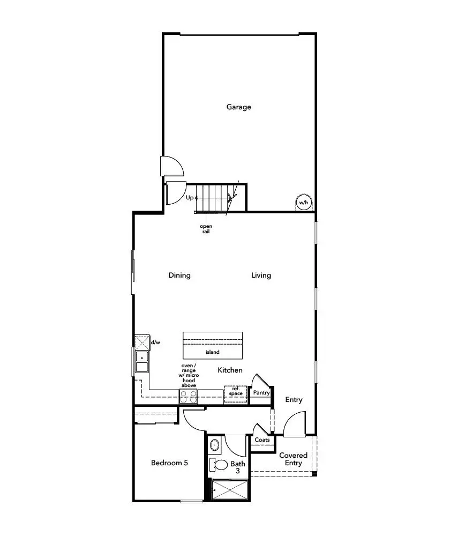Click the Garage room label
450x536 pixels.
tap(238, 107)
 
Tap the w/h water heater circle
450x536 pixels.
tap(304, 203)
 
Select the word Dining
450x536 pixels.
tap(179, 276)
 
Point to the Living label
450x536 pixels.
tap(261, 276)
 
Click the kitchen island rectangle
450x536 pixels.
tap(213, 346)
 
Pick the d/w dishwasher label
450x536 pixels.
tap(155, 342)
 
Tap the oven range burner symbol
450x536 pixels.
tap(188, 397)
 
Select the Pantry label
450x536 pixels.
tap(261, 393)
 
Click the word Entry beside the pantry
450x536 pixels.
tap(294, 400)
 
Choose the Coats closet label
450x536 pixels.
tap(262, 440)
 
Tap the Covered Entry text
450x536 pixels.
tap(294, 459)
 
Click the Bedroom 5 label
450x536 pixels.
tap(169, 463)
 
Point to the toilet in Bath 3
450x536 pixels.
tap(220, 464)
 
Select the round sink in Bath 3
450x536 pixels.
tap(215, 445)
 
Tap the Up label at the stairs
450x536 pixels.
tap(190, 198)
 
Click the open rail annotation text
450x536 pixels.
tap(206, 229)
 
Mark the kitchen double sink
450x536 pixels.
tap(142, 362)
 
